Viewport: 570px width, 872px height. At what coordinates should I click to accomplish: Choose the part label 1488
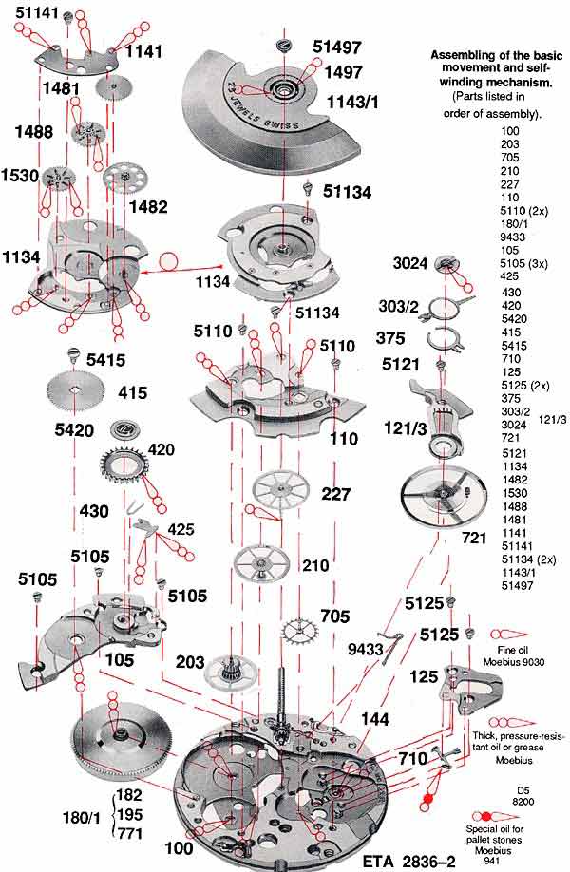tap(34, 134)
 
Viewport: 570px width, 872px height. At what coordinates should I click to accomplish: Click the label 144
tap(375, 722)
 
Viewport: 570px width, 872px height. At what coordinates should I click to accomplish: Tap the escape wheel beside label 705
tap(301, 630)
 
